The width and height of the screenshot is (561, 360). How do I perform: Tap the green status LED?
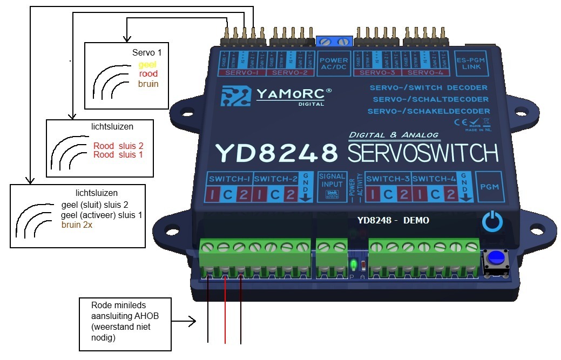(x=353, y=264)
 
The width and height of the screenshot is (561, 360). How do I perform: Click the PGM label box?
(x=490, y=186)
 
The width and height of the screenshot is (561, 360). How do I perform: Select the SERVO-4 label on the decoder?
(x=426, y=72)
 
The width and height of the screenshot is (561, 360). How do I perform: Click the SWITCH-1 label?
(x=229, y=179)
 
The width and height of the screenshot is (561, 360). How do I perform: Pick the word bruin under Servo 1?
(x=148, y=84)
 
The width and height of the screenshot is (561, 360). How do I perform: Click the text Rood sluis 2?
(x=118, y=146)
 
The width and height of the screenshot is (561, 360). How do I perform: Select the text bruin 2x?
(x=77, y=225)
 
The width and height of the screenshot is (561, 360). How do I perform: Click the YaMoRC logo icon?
(x=234, y=96)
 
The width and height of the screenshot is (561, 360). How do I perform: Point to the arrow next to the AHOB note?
(x=184, y=323)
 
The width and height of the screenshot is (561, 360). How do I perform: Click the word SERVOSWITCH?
(x=423, y=153)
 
